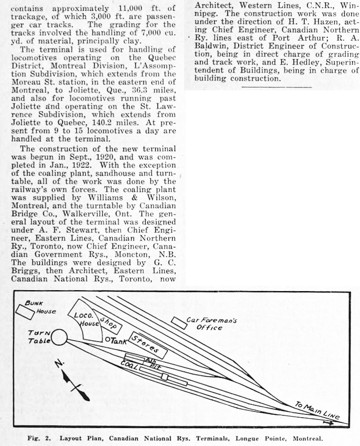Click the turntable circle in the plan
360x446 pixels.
(x=59, y=338)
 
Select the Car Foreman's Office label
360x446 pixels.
(x=211, y=323)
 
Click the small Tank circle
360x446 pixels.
(x=107, y=340)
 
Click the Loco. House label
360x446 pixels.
(x=84, y=319)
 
